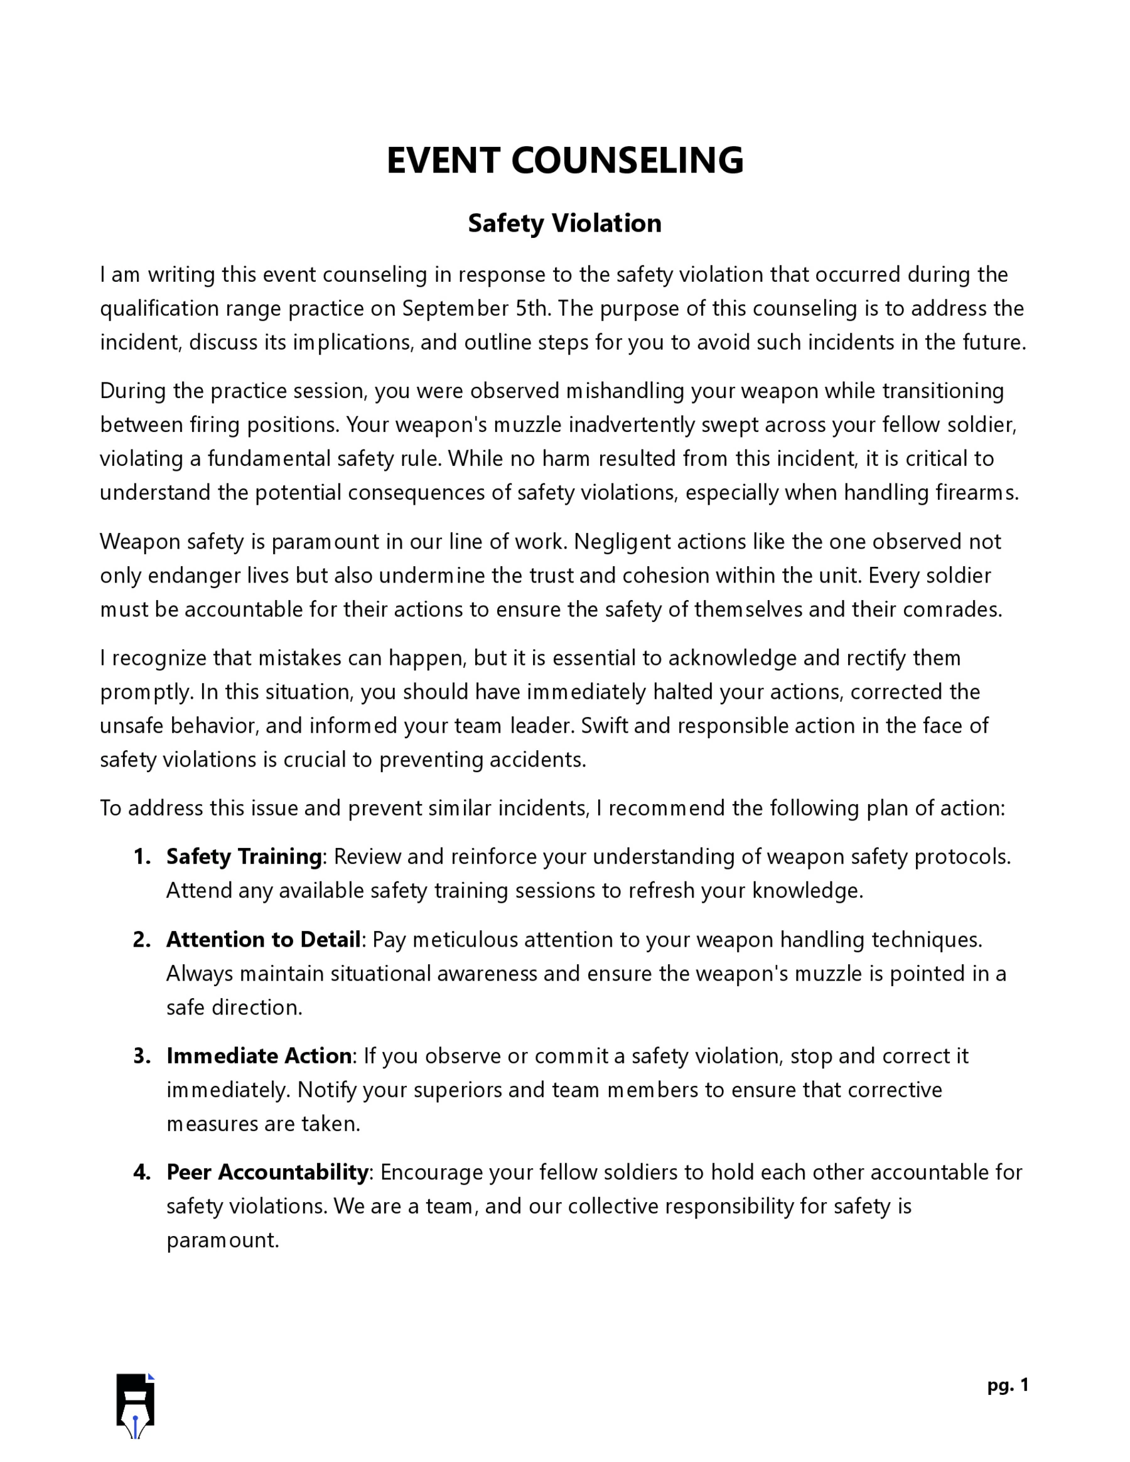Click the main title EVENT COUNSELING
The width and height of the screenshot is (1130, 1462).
(564, 161)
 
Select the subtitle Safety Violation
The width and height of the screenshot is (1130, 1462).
(564, 223)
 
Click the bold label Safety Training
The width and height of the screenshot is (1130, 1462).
(244, 857)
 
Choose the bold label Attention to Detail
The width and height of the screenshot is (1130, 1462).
(263, 940)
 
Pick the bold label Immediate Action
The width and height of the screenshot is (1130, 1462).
(259, 1056)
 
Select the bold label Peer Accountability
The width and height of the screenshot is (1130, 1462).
(267, 1172)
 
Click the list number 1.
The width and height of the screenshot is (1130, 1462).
(141, 857)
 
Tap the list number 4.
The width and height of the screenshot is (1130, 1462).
(141, 1172)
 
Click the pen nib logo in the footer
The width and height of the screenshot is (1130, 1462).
(135, 1405)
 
